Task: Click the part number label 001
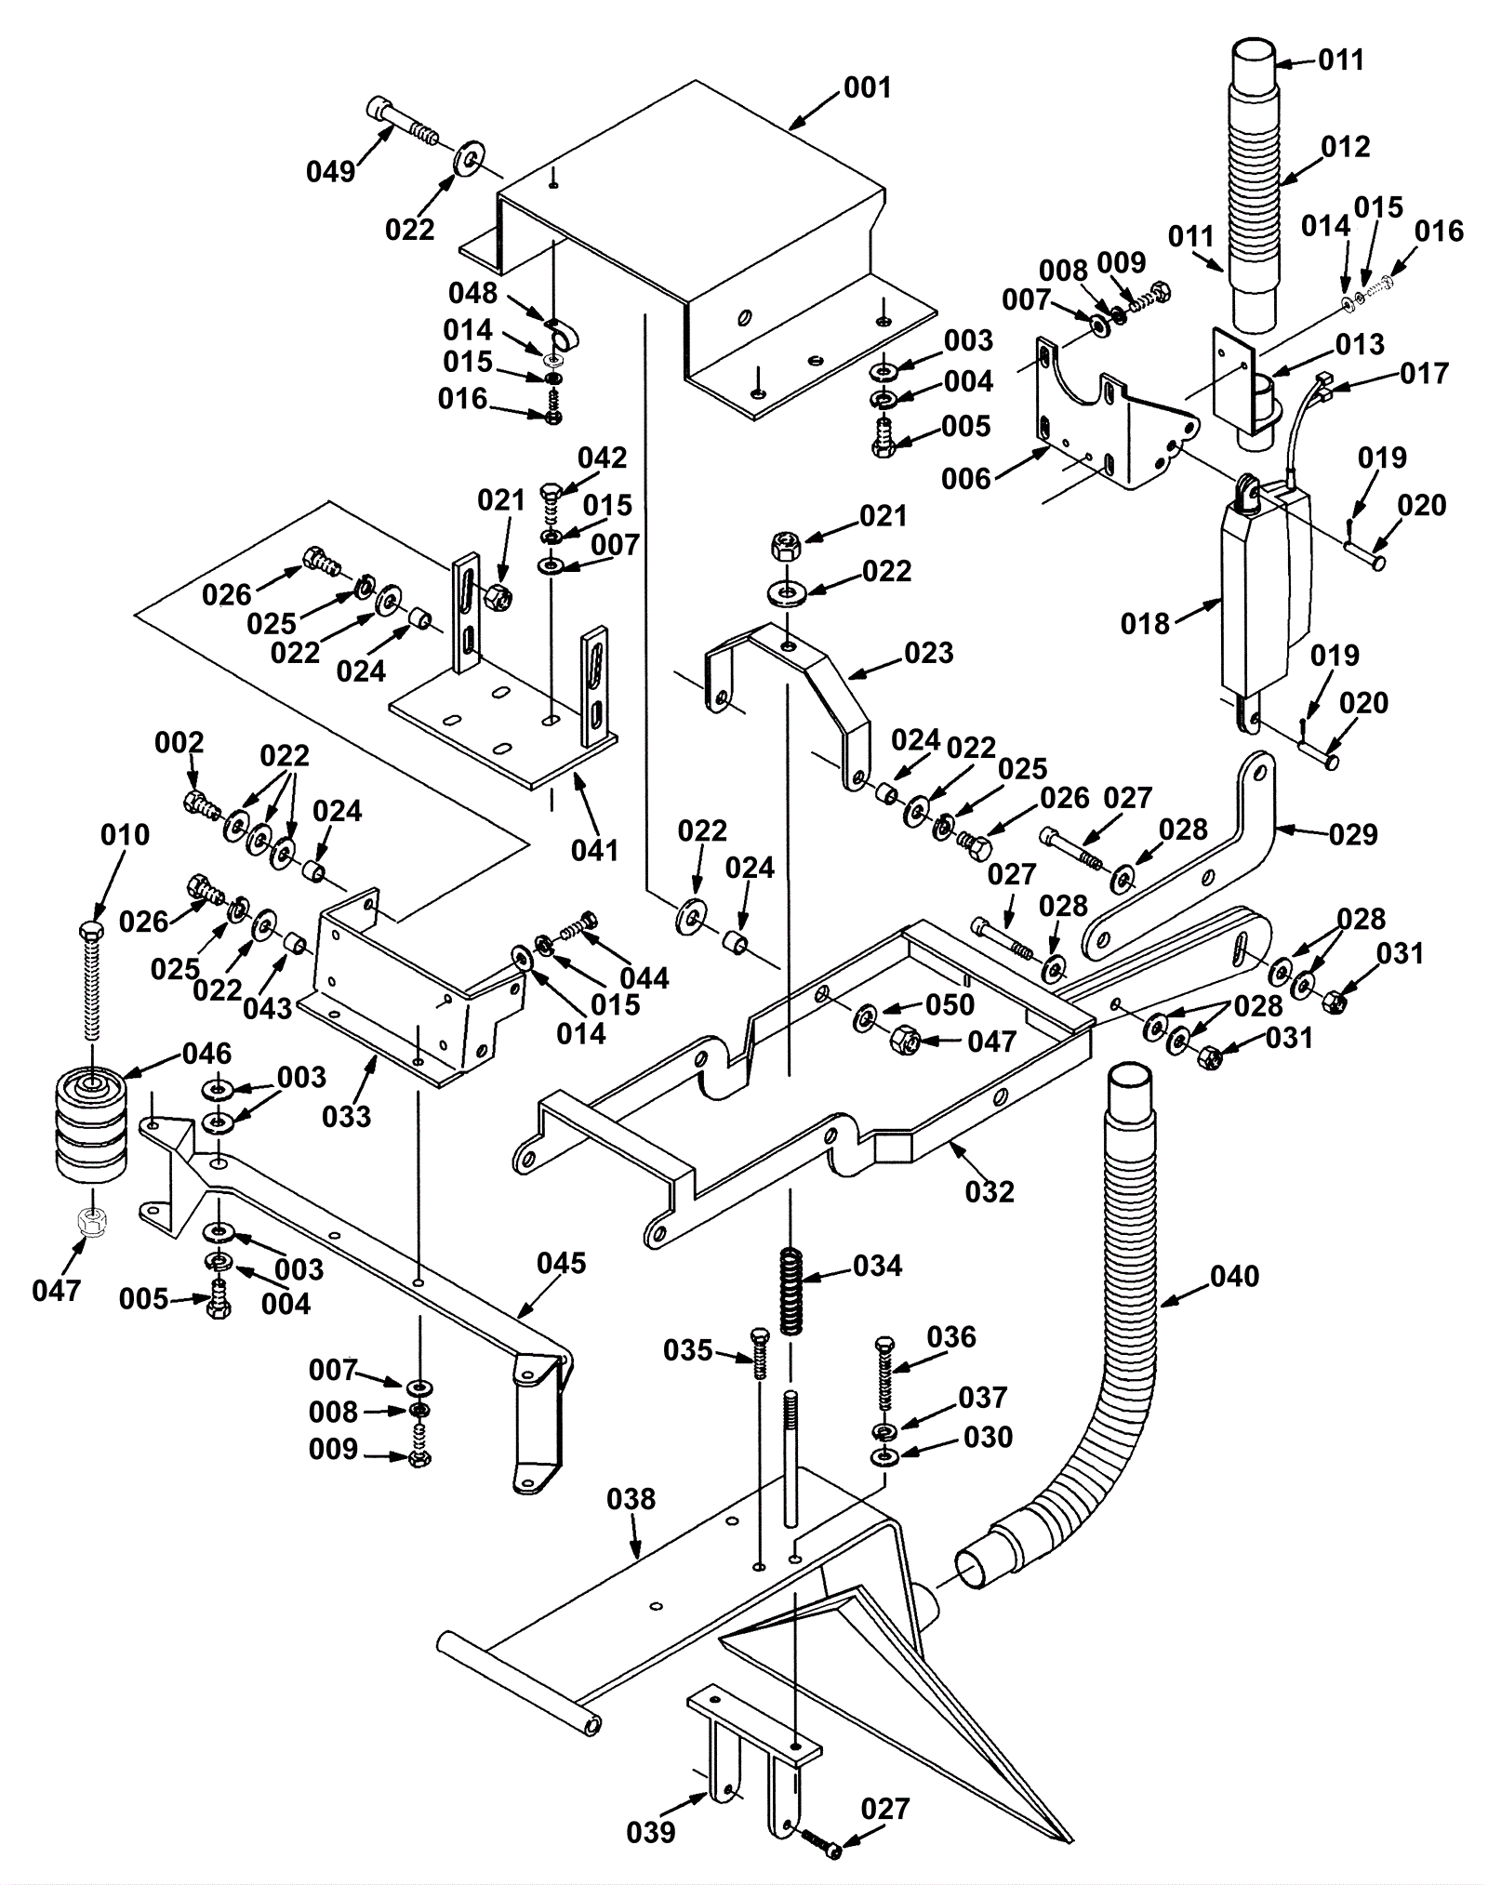pos(867,88)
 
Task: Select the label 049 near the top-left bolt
pos(330,172)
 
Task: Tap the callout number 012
pos(1345,147)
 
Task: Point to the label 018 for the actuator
pos(1145,623)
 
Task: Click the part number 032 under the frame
pos(990,1191)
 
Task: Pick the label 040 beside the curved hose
pos(1234,1276)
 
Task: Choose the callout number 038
pos(631,1499)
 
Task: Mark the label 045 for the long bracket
pos(562,1263)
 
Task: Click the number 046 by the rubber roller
pos(206,1054)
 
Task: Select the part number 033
pos(346,1116)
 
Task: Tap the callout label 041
pos(594,849)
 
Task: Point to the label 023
pos(929,653)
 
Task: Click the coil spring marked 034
pos(790,1291)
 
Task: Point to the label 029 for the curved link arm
pos(1352,834)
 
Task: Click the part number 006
pos(965,479)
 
